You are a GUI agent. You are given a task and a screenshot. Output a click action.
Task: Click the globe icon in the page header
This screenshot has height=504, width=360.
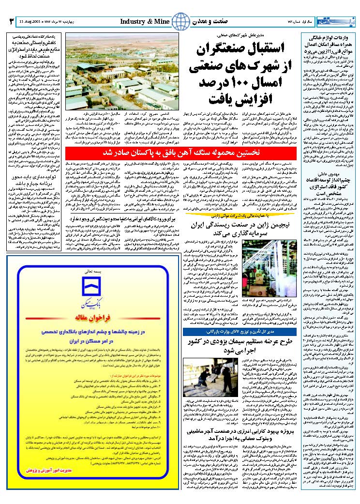[x=180, y=21]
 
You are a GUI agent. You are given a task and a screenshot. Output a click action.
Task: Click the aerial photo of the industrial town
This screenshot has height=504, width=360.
[x=120, y=72]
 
